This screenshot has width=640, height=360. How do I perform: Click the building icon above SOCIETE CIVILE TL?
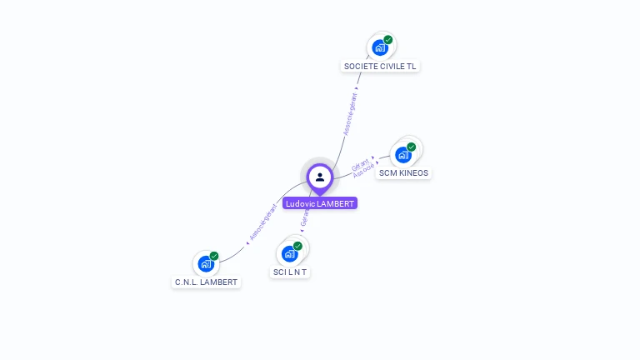coord(380,47)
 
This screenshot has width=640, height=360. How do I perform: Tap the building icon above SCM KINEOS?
coord(403,154)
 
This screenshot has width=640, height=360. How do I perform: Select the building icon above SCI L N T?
coord(290,253)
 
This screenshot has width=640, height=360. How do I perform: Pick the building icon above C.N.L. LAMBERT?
coord(206,264)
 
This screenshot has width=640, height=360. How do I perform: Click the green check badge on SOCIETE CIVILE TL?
coord(388,40)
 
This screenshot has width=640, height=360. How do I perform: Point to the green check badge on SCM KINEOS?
coord(412,147)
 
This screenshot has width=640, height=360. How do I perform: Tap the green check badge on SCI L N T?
coord(297,246)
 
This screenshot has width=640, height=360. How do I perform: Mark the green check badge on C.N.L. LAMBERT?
coord(214,257)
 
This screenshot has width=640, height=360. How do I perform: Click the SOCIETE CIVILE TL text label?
coord(380,66)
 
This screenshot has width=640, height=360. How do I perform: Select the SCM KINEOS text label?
coord(403,173)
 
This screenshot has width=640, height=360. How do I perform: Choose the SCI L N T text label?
coord(290,272)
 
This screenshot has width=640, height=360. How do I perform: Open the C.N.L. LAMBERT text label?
coord(206,282)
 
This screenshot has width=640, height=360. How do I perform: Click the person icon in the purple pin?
coord(320,177)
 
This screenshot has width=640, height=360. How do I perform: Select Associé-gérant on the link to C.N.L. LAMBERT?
coord(263,222)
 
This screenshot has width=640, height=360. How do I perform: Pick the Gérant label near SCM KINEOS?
coord(361,161)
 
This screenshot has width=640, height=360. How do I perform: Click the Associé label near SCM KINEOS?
coord(364,169)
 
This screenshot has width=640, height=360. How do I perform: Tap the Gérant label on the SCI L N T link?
coord(305,218)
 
